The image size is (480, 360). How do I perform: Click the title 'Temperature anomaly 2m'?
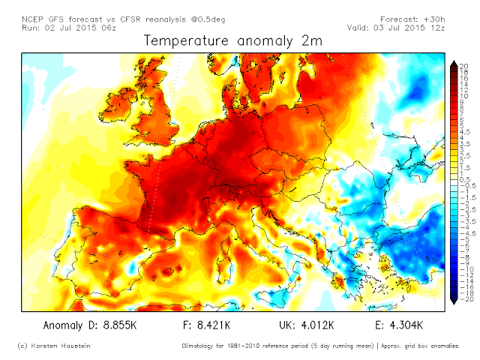click(x=232, y=41)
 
